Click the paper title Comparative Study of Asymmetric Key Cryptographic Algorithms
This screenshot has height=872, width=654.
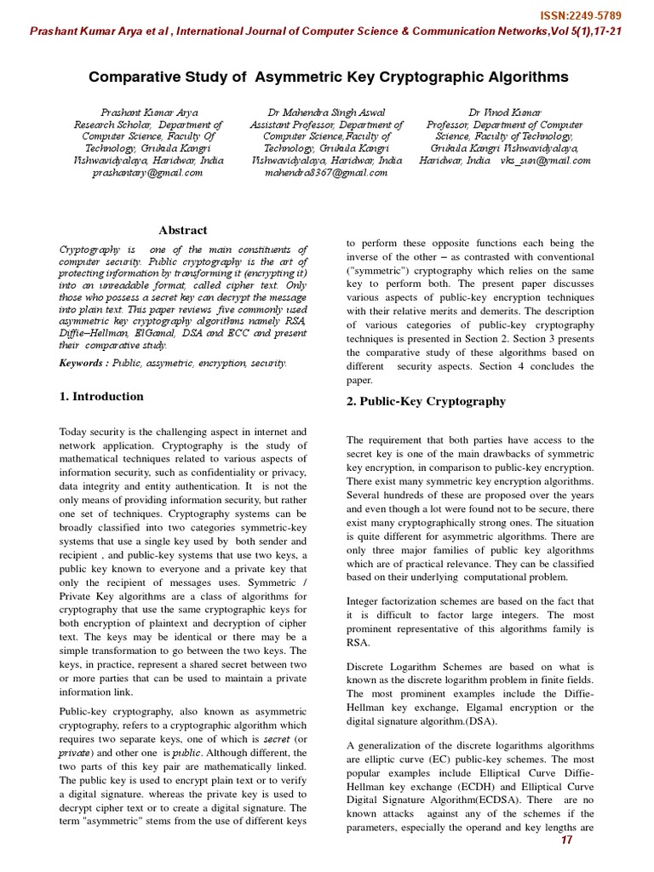click(328, 77)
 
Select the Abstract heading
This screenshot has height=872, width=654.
click(183, 230)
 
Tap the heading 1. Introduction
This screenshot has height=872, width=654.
click(101, 397)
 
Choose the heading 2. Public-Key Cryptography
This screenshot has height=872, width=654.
click(426, 402)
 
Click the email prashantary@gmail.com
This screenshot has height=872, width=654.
click(147, 172)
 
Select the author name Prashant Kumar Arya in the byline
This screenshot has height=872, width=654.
click(148, 112)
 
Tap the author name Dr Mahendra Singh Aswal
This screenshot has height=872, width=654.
click(327, 112)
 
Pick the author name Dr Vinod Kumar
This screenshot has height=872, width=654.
click(505, 112)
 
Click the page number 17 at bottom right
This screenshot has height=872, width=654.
click(567, 841)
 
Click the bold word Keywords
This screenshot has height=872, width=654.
click(83, 363)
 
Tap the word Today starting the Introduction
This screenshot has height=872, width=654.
click(74, 433)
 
